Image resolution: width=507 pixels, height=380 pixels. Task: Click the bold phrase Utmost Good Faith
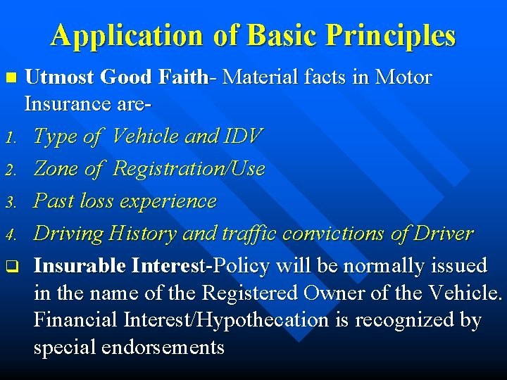click(x=118, y=77)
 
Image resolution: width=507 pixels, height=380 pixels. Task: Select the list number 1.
click(x=9, y=138)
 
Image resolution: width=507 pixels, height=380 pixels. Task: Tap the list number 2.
click(x=9, y=170)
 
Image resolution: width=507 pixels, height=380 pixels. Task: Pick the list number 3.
click(x=9, y=203)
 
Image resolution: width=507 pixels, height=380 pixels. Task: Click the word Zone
click(x=56, y=168)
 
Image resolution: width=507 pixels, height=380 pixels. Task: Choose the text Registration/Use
click(x=188, y=169)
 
